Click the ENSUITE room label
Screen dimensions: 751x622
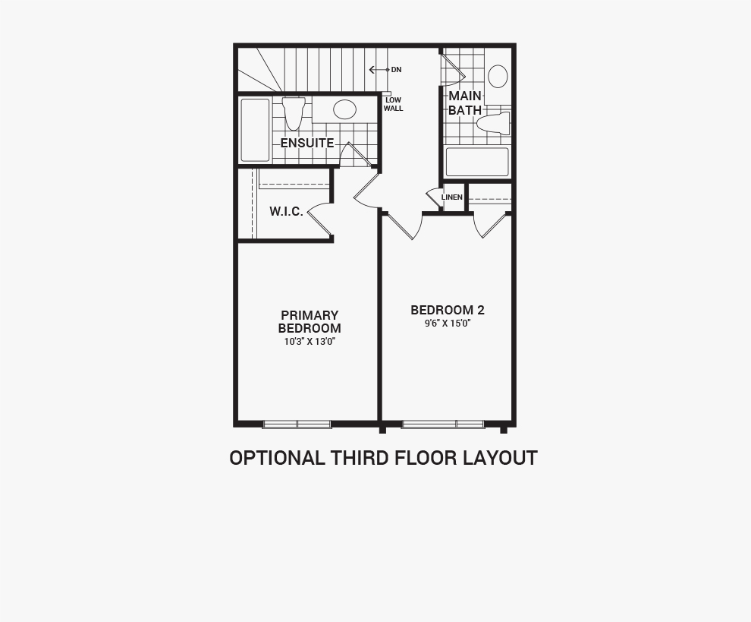[307, 143]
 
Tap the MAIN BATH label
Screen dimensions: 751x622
[464, 103]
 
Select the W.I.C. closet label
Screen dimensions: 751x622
[286, 211]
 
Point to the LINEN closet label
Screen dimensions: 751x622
[451, 197]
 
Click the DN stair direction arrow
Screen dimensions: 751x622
[379, 70]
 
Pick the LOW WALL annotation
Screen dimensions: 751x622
[393, 104]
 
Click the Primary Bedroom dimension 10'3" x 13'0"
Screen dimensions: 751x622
[310, 342]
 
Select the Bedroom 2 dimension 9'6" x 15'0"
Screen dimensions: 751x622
[448, 324]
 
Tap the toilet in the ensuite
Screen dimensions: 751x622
[294, 112]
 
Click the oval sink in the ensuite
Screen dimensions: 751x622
[345, 109]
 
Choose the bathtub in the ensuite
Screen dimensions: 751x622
[256, 130]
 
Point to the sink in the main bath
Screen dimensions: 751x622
[498, 77]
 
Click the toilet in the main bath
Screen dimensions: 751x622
[493, 124]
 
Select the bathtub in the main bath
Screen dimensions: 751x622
[477, 162]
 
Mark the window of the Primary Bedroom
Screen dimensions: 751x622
[297, 424]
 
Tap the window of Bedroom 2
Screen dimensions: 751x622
[442, 424]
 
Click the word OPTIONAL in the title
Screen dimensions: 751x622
[276, 458]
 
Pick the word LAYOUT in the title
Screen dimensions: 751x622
[500, 458]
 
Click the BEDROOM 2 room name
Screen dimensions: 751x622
[448, 311]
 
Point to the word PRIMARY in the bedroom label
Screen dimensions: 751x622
[310, 315]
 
